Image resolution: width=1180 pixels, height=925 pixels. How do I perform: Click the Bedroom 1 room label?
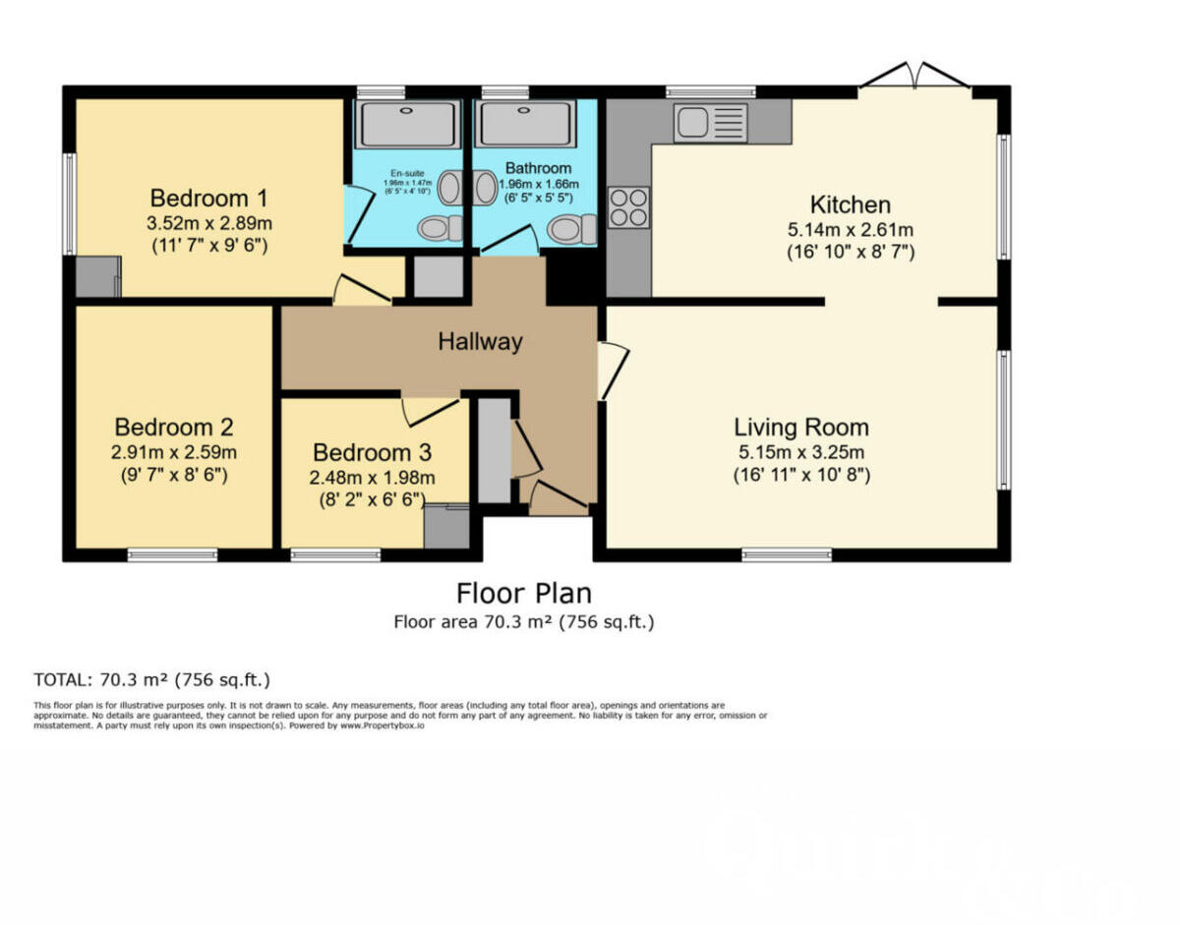tap(208, 198)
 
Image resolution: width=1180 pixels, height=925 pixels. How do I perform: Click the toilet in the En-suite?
tap(439, 228)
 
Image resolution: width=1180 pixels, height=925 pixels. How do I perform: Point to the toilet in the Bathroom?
tap(570, 230)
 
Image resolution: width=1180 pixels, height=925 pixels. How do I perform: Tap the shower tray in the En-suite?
tap(407, 124)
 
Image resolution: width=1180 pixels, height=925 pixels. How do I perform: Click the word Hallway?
tap(480, 342)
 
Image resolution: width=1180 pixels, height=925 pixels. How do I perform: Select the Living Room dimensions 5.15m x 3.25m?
tap(801, 453)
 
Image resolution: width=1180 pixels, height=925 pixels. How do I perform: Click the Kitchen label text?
tap(850, 205)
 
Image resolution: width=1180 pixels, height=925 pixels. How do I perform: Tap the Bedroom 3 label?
tap(373, 453)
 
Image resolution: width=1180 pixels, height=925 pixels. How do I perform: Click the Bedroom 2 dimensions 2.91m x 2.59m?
tap(174, 453)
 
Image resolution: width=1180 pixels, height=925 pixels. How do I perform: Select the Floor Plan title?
tap(524, 594)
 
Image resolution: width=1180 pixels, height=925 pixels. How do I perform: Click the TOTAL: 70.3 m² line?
tap(151, 679)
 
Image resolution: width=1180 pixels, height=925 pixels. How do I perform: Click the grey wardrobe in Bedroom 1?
tap(97, 277)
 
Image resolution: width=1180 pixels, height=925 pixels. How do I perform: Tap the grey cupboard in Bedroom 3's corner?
tap(446, 527)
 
